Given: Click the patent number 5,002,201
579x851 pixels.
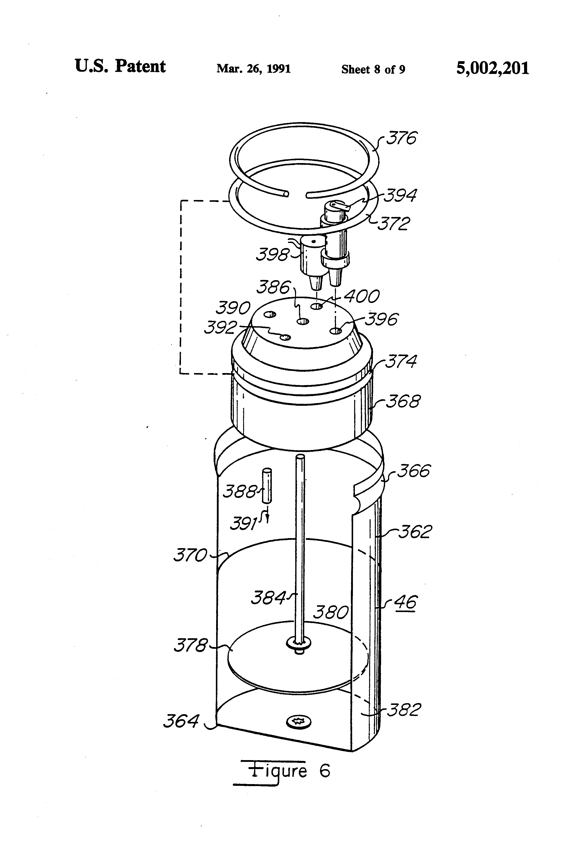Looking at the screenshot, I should tap(492, 68).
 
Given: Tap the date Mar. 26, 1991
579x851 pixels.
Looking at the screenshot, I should tap(253, 69).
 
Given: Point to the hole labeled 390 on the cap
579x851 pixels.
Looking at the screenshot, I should tap(270, 314).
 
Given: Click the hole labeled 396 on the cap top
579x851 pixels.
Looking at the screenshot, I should tap(336, 331).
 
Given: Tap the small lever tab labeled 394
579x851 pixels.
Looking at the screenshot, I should tap(344, 208).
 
